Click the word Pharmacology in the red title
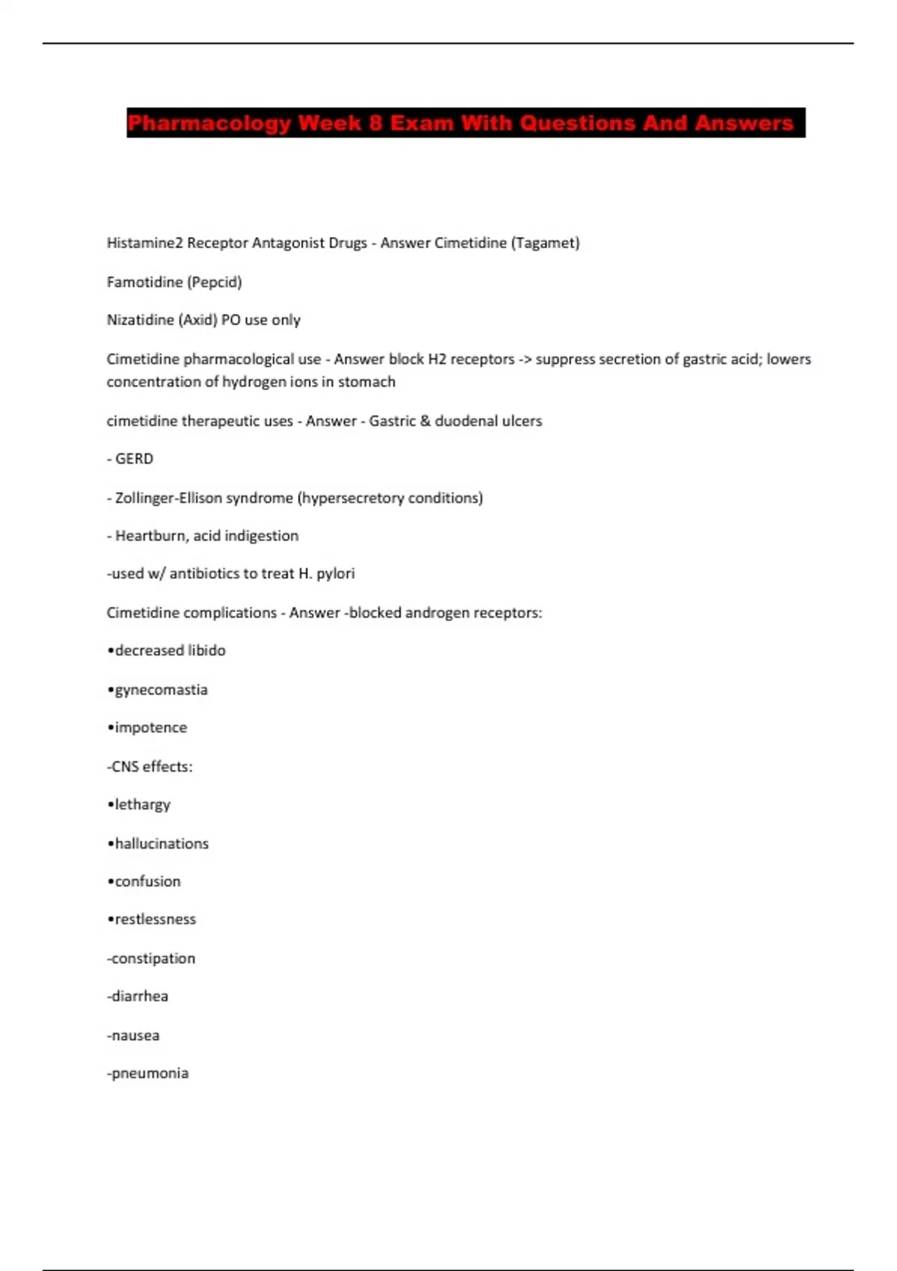click(x=209, y=123)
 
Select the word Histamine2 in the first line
click(x=145, y=243)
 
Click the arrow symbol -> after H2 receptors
click(x=525, y=360)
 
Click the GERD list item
click(x=134, y=459)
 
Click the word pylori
click(x=336, y=573)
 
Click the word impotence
click(x=151, y=727)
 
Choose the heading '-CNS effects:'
click(x=149, y=766)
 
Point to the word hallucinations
click(x=161, y=843)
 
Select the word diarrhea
click(x=140, y=996)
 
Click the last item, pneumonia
click(x=149, y=1074)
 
